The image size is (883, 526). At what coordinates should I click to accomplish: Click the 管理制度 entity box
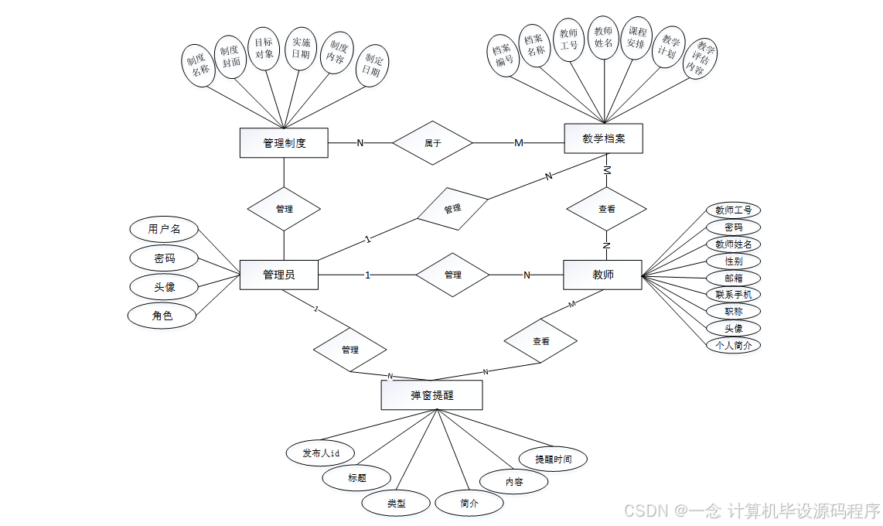coord(284,143)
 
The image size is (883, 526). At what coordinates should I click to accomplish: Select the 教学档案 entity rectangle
coord(603,139)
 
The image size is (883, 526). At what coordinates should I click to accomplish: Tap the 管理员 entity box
coord(278,275)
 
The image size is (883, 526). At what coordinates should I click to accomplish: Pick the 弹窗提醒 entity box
coord(431,394)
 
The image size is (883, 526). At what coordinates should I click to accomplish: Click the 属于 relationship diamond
coord(432,142)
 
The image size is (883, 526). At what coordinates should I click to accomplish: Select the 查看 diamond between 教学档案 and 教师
coord(607,209)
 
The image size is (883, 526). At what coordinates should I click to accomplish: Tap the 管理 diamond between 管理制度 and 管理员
coord(284,209)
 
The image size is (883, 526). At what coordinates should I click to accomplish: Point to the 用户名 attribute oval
coord(164,229)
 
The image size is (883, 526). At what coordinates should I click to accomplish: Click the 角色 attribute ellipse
coord(162,315)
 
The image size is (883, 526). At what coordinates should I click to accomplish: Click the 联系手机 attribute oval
coord(733,294)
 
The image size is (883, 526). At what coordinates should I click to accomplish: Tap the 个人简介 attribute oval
coord(733,345)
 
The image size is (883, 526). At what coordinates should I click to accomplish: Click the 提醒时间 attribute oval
coord(554,459)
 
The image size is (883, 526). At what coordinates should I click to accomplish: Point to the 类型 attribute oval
coord(396,503)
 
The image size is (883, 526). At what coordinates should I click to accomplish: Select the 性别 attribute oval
coord(733,261)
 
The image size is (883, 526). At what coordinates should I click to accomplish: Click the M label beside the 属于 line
coord(519,143)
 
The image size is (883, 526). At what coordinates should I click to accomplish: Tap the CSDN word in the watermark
coord(645,511)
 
